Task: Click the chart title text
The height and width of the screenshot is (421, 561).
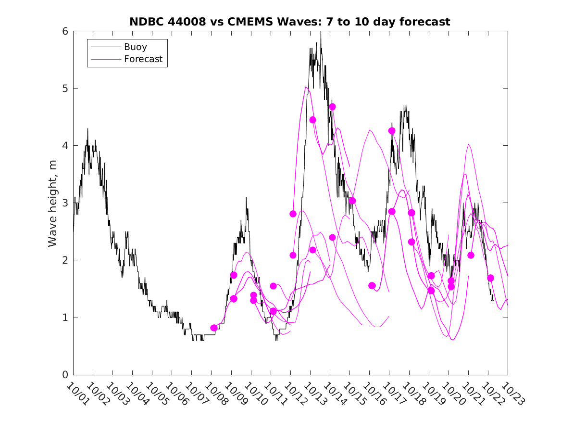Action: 290,22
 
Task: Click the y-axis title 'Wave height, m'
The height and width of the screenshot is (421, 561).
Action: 53,203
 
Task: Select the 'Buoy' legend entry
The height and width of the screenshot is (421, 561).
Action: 136,47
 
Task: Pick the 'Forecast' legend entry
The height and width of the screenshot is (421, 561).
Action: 143,59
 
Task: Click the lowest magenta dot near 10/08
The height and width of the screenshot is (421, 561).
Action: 214,328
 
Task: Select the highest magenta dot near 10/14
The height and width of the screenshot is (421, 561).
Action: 332,107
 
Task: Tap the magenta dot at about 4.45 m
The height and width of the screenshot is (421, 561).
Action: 312,120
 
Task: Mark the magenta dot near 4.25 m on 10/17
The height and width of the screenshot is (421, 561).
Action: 392,131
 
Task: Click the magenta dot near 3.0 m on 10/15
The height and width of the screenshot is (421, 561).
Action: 352,201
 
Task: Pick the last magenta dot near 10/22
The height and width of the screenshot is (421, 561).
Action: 490,278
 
